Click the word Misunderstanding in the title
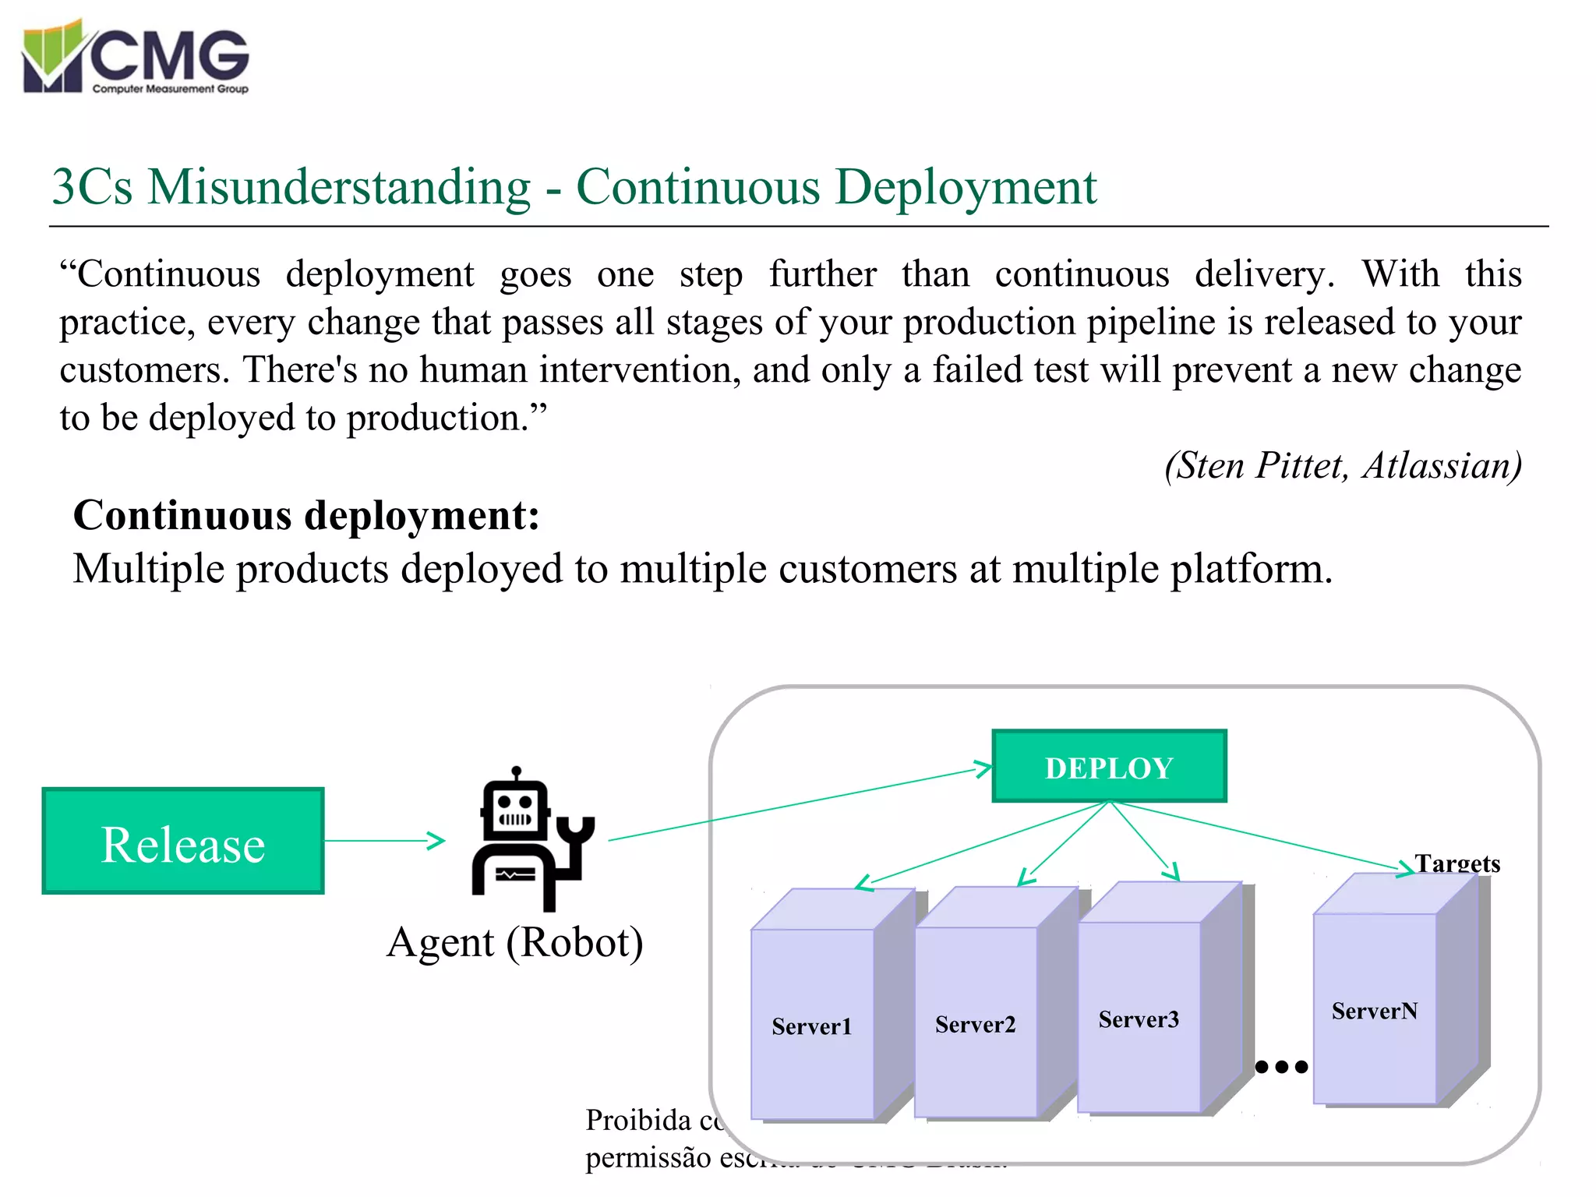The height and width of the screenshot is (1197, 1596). pyautogui.click(x=339, y=187)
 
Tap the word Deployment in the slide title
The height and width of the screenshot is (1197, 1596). pyautogui.click(x=966, y=187)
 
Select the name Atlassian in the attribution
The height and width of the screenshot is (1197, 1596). pyautogui.click(x=1440, y=466)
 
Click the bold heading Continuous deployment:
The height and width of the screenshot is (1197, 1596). pyautogui.click(x=306, y=516)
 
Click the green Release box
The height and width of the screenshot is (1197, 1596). pyautogui.click(x=183, y=841)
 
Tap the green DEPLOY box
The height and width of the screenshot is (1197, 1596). pyautogui.click(x=1109, y=767)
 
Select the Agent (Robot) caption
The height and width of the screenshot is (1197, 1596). pyautogui.click(x=515, y=943)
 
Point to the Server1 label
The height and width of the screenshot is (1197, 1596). pyautogui.click(x=811, y=1026)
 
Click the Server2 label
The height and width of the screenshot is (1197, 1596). pyautogui.click(x=975, y=1025)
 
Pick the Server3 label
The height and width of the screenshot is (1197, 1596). pyautogui.click(x=1139, y=1019)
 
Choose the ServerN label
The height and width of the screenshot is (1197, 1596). pyautogui.click(x=1374, y=1012)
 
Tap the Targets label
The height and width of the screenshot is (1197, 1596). pyautogui.click(x=1457, y=863)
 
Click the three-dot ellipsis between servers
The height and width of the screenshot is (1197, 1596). pyautogui.click(x=1281, y=1067)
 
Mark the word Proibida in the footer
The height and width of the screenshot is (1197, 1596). pyautogui.click(x=638, y=1121)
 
